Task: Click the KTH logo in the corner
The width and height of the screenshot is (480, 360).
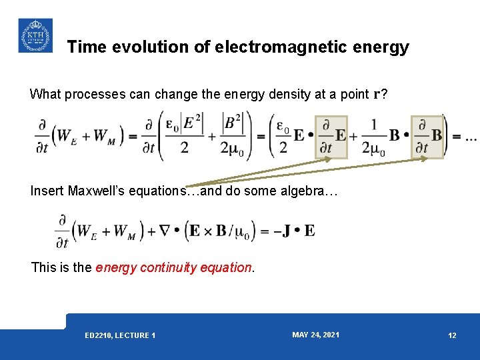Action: tap(35, 35)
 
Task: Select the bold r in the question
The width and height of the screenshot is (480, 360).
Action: tap(377, 94)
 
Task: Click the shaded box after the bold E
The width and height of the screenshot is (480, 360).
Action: tap(331, 137)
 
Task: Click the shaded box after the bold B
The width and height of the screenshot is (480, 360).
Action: tap(427, 137)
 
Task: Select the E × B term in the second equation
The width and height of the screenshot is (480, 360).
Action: tap(209, 231)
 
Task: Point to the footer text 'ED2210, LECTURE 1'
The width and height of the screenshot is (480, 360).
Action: tap(120, 335)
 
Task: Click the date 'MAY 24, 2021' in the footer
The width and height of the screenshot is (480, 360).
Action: tap(315, 335)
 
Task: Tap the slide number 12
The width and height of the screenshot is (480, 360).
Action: tap(452, 335)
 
